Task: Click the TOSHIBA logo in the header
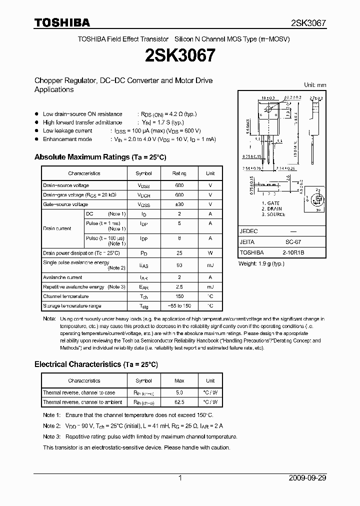[x=62, y=22]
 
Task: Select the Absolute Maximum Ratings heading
[x=100, y=157]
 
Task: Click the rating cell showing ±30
[x=179, y=204]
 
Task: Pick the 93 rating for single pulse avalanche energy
[x=179, y=265]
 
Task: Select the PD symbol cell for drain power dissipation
[x=143, y=253]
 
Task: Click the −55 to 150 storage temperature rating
[x=179, y=305]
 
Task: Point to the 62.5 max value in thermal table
[x=179, y=402]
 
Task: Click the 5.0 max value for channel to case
[x=179, y=393]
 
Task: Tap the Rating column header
[x=179, y=173]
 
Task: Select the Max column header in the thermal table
[x=179, y=380]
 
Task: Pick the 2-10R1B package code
[x=293, y=252]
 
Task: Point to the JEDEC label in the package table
[x=248, y=231]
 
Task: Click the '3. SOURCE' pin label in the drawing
[x=273, y=214]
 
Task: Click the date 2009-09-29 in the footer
[x=307, y=478]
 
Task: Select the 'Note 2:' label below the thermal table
[x=51, y=426]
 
